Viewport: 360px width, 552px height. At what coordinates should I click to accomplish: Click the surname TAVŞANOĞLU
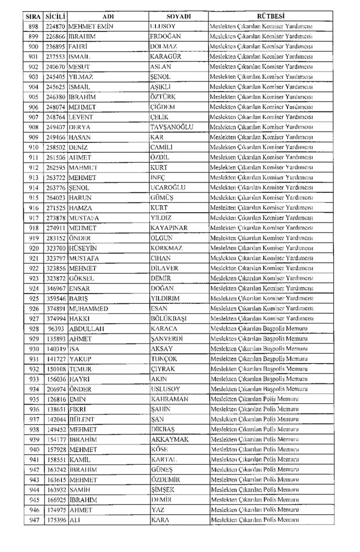coord(171,127)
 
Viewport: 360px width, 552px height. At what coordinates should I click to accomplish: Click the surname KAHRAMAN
coord(170,400)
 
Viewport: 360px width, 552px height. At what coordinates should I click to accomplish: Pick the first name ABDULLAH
coord(86,328)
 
